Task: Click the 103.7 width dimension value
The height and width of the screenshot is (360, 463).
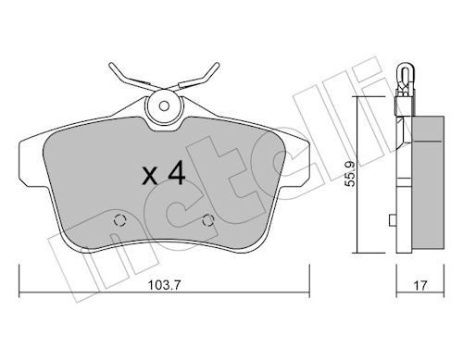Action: (x=164, y=285)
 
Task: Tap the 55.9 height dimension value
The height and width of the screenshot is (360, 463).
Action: (x=350, y=174)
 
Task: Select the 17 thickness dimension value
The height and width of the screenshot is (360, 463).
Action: (x=420, y=285)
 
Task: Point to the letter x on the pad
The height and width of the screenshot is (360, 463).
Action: (x=150, y=177)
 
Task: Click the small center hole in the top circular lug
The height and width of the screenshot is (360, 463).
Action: (x=164, y=106)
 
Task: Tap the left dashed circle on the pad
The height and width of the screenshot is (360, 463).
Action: (x=119, y=220)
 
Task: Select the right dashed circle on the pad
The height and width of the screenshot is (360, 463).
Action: (x=207, y=220)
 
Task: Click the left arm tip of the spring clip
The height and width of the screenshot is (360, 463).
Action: (x=111, y=65)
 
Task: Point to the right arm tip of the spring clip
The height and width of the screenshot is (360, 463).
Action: (x=218, y=65)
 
